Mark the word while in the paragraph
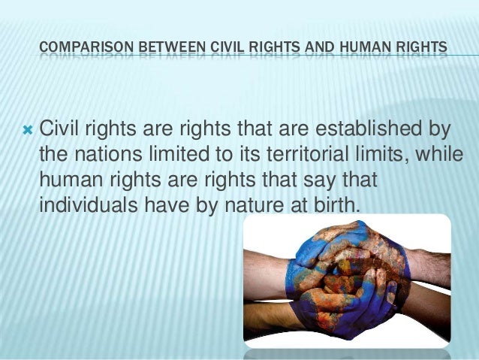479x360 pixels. click(435, 154)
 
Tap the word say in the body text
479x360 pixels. click(314, 181)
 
